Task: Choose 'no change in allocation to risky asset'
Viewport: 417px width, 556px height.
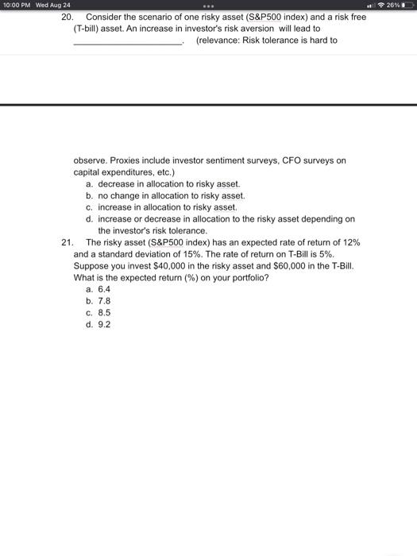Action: [172, 195]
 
